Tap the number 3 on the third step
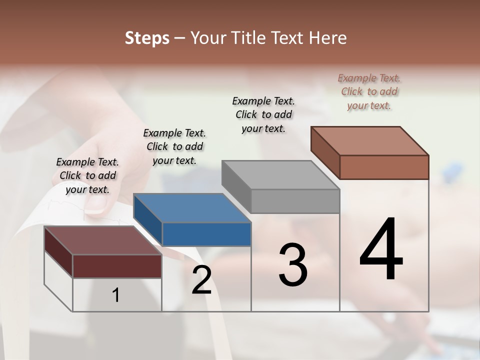click(293, 265)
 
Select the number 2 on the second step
click(201, 280)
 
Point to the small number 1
click(116, 295)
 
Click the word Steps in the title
click(147, 38)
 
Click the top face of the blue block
click(192, 208)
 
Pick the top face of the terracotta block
click(370, 141)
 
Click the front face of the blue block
click(206, 234)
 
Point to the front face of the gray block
click(295, 201)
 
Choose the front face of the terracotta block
click(384, 167)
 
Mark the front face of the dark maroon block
click(117, 266)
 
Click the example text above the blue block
click(174, 146)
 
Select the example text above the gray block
click(263, 114)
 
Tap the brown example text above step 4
click(369, 91)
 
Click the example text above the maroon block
click(87, 175)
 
